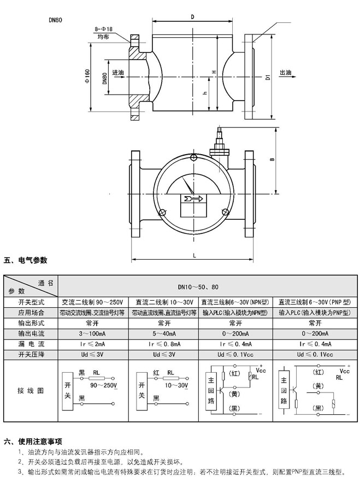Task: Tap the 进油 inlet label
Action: pos(118,73)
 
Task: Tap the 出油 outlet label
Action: pos(285,73)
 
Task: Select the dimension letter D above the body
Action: pos(192,17)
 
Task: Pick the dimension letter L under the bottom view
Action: pos(194,255)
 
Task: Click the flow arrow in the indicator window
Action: pos(193,198)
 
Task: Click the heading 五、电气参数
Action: pos(26,260)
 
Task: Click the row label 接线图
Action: pos(31,392)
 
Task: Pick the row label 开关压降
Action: pos(31,354)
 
